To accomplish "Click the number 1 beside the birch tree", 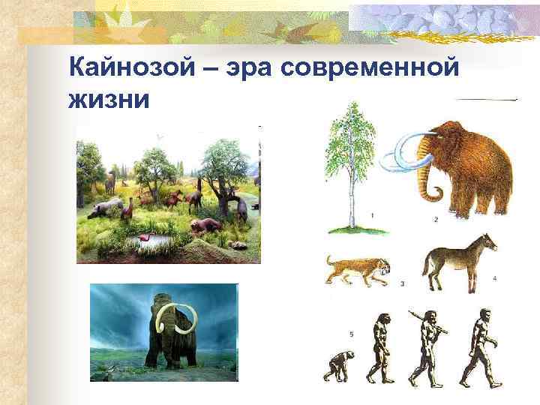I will [373, 214].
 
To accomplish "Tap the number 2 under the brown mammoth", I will [436, 219].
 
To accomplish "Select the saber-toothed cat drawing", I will [357, 270].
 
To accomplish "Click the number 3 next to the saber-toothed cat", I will [403, 283].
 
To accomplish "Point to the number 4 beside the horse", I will [494, 278].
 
